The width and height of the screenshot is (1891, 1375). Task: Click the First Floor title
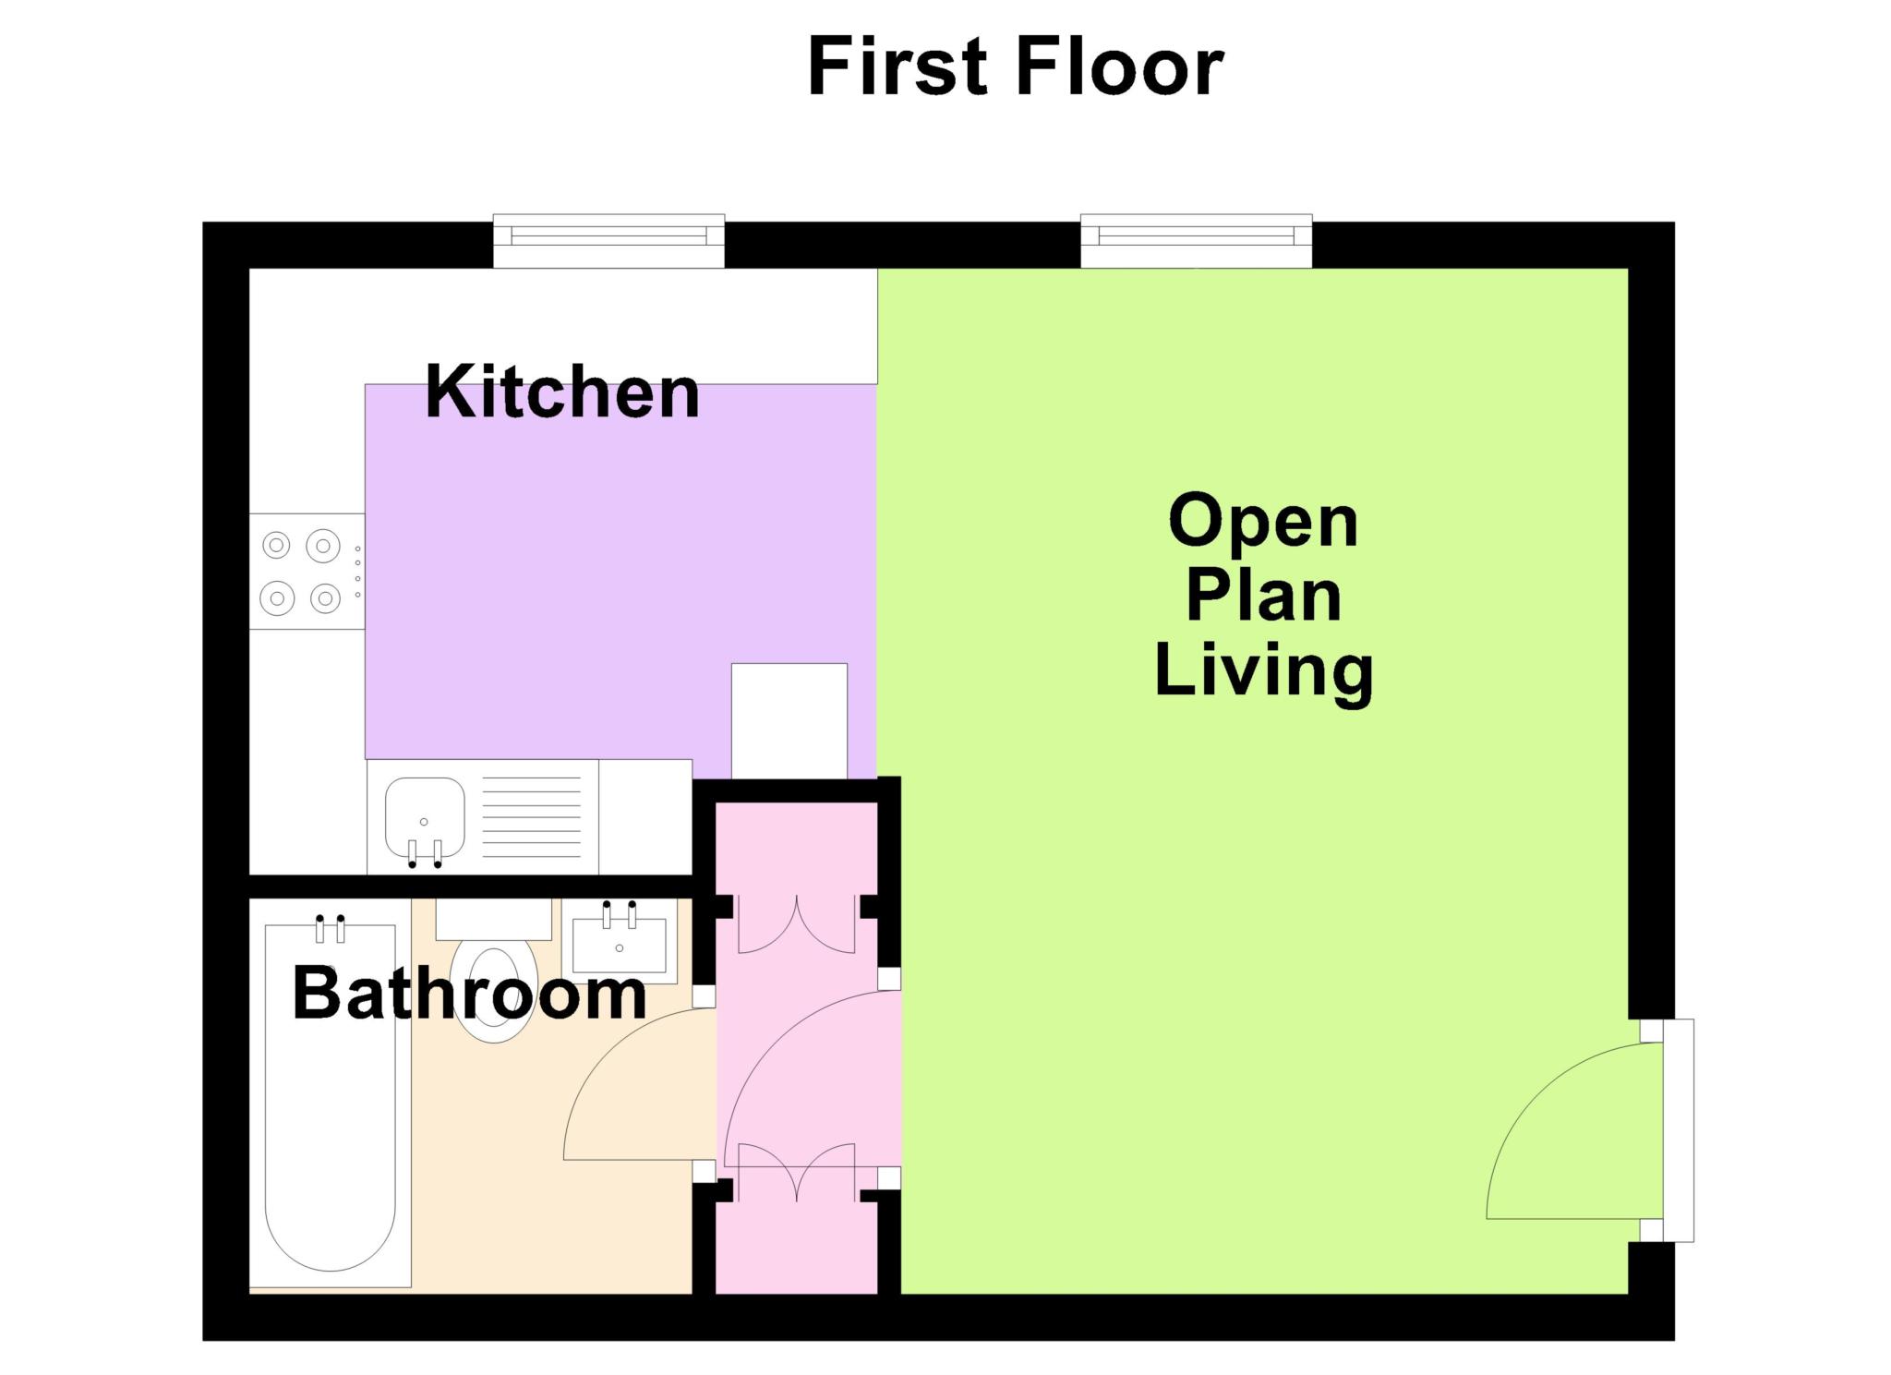(1015, 66)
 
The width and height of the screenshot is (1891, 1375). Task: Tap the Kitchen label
(562, 392)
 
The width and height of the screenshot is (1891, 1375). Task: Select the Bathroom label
(469, 994)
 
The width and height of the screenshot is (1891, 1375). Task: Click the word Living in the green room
(1264, 671)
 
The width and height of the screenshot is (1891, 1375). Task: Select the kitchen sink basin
(425, 817)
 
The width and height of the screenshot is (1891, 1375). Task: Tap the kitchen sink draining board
(532, 817)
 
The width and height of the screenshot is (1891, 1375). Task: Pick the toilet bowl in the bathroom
(495, 993)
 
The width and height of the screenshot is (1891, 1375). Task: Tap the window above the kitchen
(608, 241)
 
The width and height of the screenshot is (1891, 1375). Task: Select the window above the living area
(1197, 241)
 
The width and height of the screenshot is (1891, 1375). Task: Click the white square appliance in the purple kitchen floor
(789, 720)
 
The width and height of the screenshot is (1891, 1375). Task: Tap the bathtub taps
(331, 928)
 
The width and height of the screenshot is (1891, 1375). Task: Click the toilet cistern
(494, 920)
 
